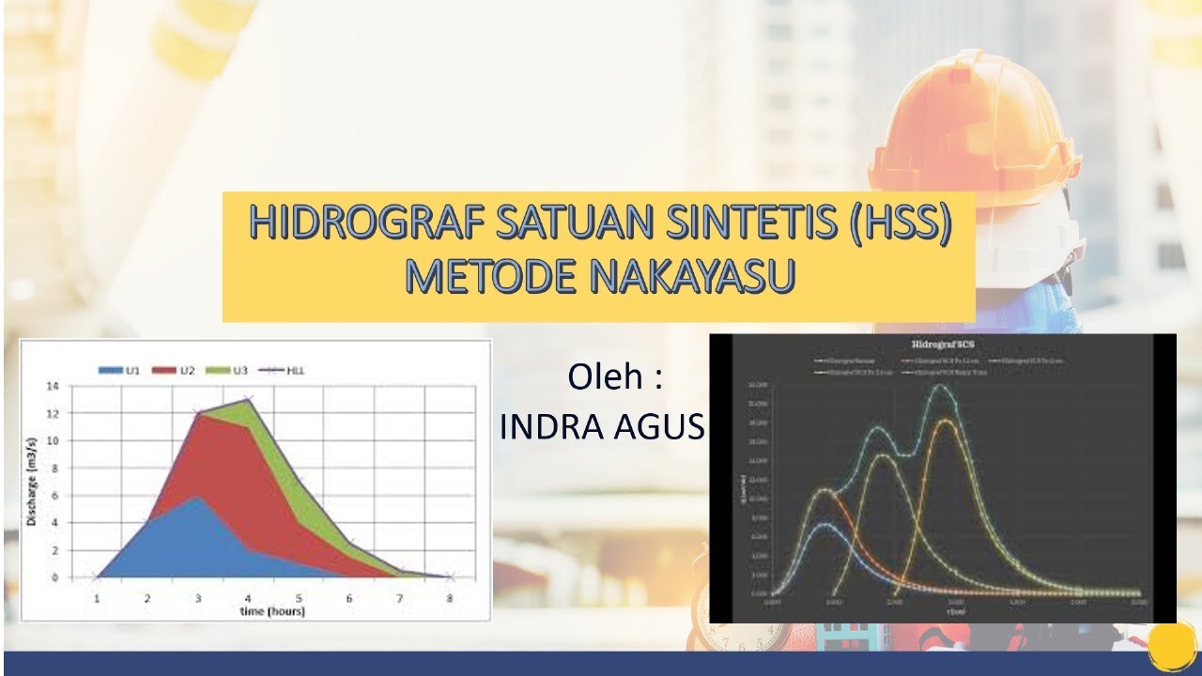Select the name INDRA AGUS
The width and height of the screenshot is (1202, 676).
pos(602,427)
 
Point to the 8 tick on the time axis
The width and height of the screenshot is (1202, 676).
pos(450,597)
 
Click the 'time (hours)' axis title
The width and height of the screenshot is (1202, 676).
pos(272,611)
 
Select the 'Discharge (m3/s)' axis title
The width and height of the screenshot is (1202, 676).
pos(33,481)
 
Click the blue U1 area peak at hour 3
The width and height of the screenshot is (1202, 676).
pos(197,498)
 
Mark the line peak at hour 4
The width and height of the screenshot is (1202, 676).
pos(248,399)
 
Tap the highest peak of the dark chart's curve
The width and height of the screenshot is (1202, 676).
pos(939,386)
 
